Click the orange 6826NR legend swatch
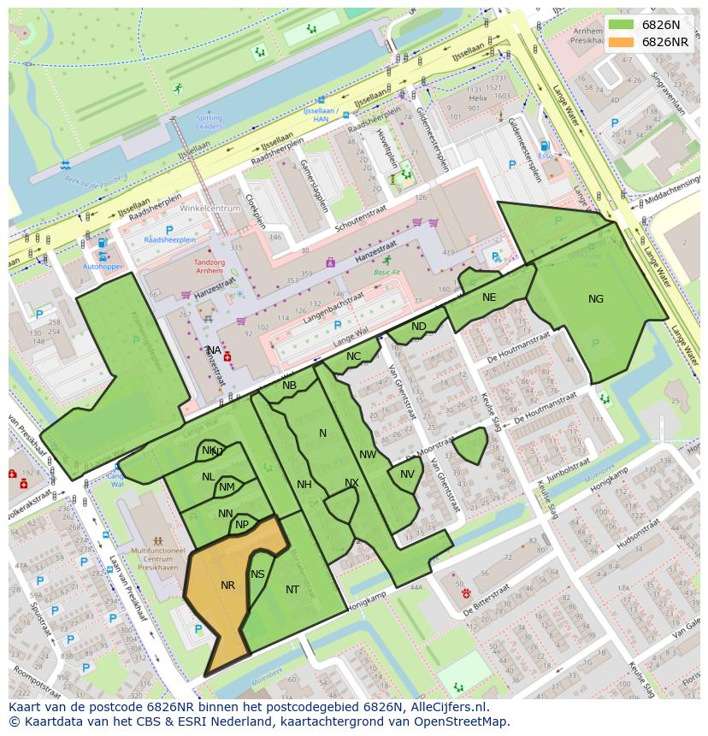point(622,42)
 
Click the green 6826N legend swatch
point(622,25)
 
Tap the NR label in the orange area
point(227,586)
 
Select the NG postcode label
point(596,298)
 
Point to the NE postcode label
point(489,297)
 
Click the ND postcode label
point(418,327)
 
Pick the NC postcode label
point(353,356)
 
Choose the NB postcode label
point(289,386)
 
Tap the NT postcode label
point(292,590)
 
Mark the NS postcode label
point(257,574)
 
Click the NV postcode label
point(407,474)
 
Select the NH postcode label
point(304,485)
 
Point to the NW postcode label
point(368,455)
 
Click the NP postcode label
point(242,525)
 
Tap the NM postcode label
point(227,487)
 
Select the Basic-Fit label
point(386,272)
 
